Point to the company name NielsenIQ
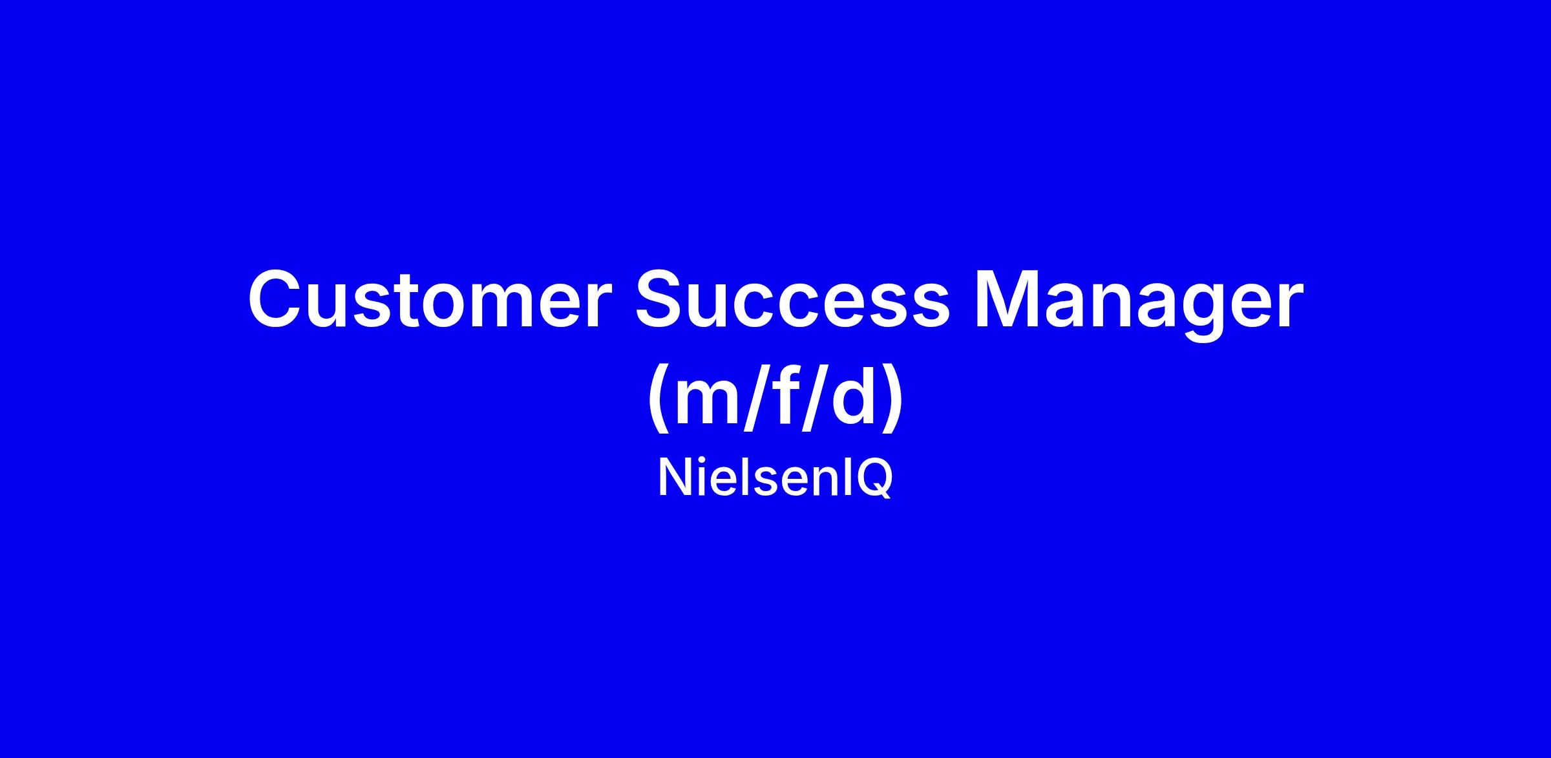(775, 479)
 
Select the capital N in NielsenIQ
(675, 478)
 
